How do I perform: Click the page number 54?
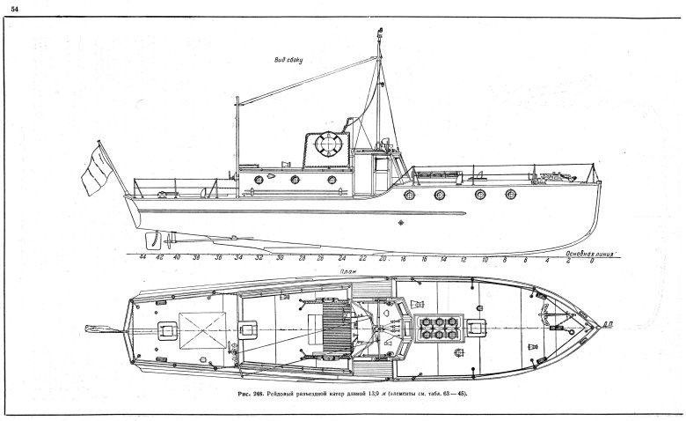point(14,9)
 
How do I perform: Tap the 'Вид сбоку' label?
point(287,60)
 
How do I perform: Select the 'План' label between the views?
point(326,273)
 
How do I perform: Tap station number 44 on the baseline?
point(142,260)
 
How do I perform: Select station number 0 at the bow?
point(592,261)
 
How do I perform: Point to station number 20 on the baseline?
point(383,260)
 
